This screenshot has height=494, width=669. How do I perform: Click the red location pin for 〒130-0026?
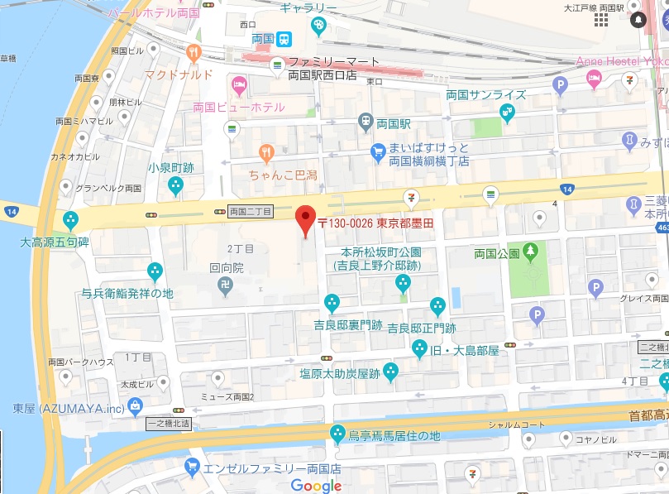point(306,218)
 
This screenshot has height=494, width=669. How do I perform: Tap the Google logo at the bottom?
point(316,486)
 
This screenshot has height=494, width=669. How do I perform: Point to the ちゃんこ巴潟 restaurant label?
point(284,175)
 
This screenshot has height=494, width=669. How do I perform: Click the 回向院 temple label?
point(226,268)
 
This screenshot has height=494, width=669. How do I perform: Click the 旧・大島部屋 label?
point(466,350)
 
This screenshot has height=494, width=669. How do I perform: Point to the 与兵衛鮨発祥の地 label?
point(127,293)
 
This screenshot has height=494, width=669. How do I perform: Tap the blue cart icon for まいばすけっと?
point(378,151)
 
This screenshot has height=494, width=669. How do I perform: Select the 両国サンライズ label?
point(485,94)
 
